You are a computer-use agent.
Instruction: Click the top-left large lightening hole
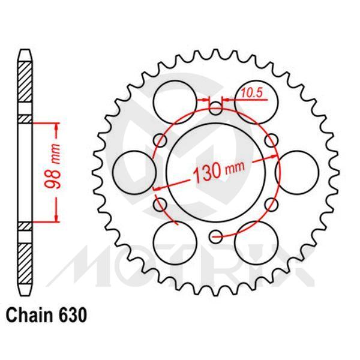click(x=175, y=96)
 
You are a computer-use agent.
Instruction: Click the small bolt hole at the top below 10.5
click(x=216, y=109)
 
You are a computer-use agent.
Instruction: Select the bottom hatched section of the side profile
click(x=23, y=261)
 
